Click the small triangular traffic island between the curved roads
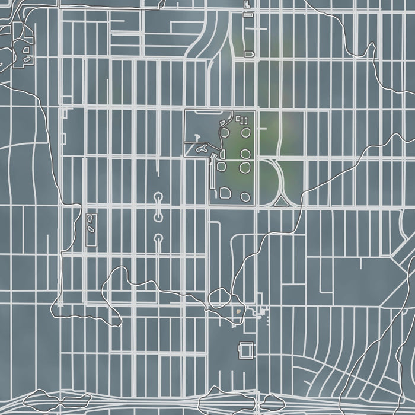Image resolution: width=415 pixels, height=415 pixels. (280, 203)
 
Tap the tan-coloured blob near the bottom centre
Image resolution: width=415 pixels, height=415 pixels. (238, 309)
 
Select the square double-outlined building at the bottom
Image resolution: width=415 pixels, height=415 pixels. (245, 351)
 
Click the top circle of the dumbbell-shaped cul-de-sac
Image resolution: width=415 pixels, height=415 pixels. (158, 196)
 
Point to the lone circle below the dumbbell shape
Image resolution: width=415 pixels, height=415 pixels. (158, 238)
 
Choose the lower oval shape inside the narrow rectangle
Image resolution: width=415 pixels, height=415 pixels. (91, 227)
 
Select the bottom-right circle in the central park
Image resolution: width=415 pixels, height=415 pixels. (245, 196)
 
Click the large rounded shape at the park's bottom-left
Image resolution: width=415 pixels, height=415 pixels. (226, 192)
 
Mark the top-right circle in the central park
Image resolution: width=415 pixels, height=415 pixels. (245, 132)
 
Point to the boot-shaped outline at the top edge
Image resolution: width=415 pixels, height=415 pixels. (247, 4)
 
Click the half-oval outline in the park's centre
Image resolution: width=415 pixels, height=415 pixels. (223, 154)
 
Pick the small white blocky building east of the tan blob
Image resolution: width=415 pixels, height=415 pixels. (261, 310)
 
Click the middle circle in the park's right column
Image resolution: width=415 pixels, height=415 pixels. (245, 154)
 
